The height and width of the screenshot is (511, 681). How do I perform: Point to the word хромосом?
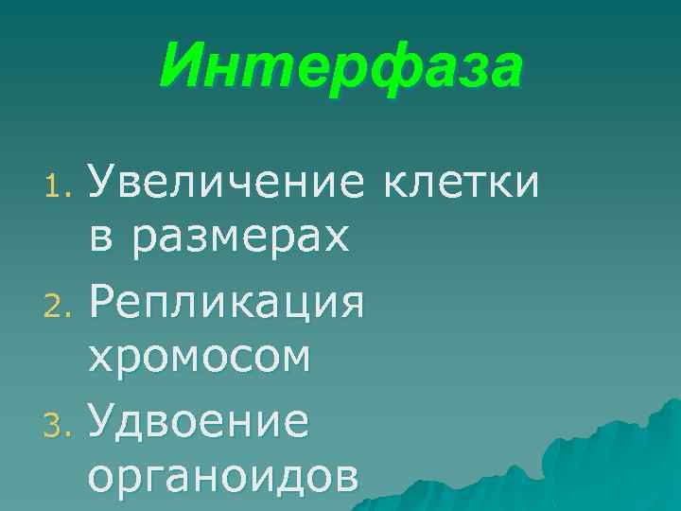click(199, 359)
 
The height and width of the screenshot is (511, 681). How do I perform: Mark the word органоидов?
click(223, 478)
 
